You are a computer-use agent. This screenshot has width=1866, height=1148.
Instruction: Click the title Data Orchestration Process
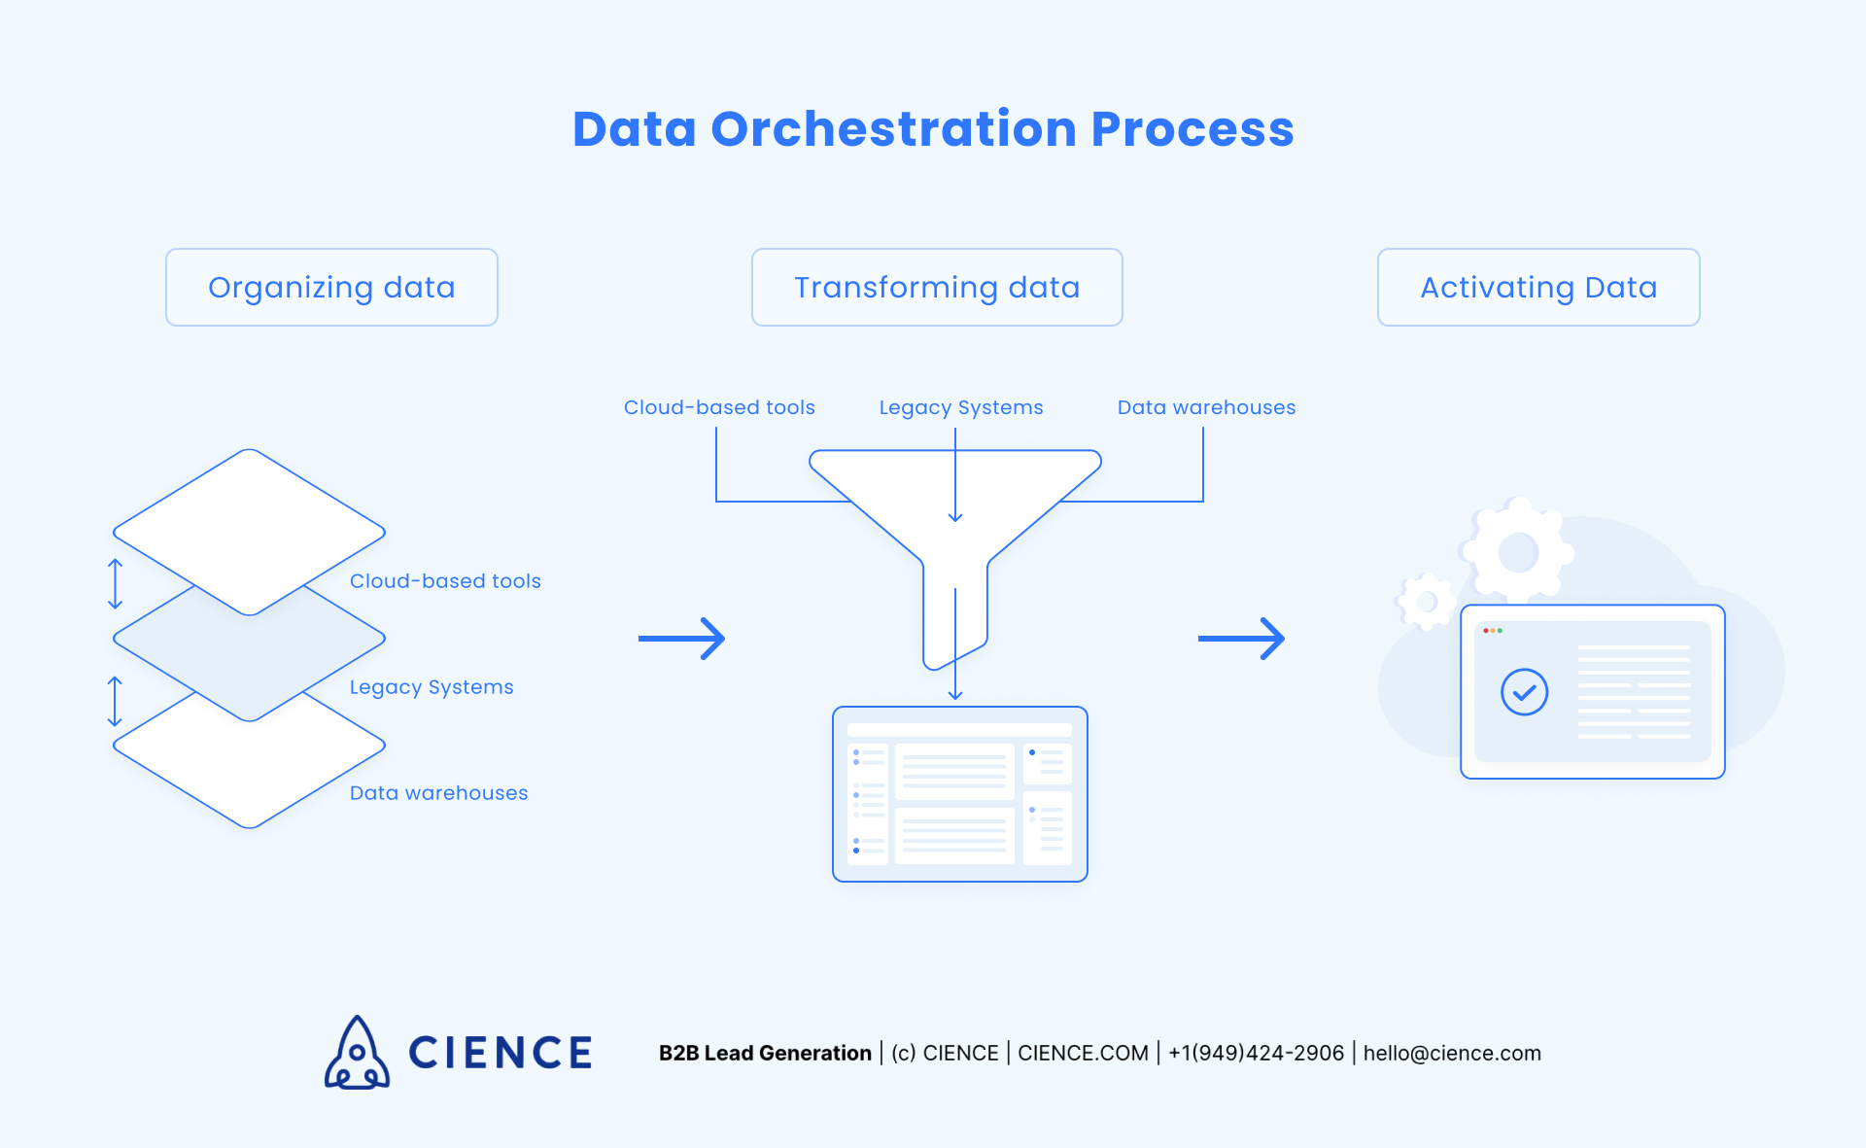[x=933, y=129]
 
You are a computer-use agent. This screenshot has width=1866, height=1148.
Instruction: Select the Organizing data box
[x=331, y=288]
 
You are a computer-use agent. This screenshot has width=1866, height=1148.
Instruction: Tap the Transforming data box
[x=937, y=288]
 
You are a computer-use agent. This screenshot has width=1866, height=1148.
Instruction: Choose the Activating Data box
[x=1538, y=288]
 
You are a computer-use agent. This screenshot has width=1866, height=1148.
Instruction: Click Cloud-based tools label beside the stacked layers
[x=445, y=581]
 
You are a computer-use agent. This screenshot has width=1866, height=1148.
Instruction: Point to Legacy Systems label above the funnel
[x=960, y=407]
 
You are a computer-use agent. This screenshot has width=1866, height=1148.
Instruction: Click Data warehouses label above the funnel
[x=1206, y=407]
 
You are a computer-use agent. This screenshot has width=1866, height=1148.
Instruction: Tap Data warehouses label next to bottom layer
[x=438, y=793]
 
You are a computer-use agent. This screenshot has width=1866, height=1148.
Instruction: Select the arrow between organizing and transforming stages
[x=682, y=639]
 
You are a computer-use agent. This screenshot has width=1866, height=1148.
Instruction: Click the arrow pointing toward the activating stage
[x=1241, y=639]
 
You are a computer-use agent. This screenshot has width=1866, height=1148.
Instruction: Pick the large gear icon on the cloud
[x=1517, y=552]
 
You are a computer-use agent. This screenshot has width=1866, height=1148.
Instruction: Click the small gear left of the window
[x=1426, y=602]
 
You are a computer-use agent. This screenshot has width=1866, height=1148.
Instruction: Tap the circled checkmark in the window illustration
[x=1524, y=692]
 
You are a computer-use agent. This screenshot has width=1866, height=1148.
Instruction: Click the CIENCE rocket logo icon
[x=357, y=1054]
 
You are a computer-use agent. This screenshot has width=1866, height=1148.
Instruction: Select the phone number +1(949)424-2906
[x=1256, y=1054]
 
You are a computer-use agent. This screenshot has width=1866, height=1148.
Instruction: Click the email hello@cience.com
[x=1452, y=1054]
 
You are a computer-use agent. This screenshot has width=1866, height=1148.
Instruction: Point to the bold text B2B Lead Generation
[x=765, y=1054]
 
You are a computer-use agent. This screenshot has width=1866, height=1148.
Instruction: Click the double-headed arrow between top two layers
[x=115, y=584]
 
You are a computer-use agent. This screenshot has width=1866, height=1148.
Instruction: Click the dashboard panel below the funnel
[x=959, y=794]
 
